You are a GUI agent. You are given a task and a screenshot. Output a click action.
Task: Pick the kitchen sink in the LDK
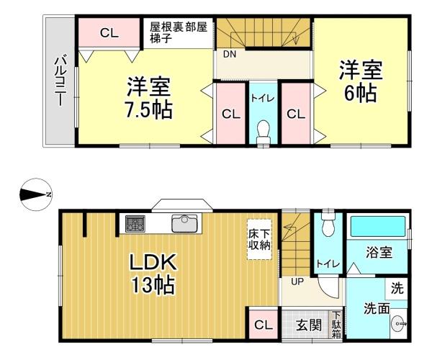coord(185,224)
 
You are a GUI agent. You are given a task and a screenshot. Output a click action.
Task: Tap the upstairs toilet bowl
coord(263,132)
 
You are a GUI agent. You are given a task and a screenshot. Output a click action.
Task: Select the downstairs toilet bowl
coord(328,226)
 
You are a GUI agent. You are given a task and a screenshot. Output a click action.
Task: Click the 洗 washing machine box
coord(396,288)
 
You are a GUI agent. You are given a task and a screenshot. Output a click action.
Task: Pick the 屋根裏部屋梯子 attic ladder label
coord(178,33)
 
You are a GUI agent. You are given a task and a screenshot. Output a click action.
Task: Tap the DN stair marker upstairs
coord(229,54)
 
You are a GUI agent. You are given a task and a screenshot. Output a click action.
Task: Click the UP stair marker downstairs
coord(296,282)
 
